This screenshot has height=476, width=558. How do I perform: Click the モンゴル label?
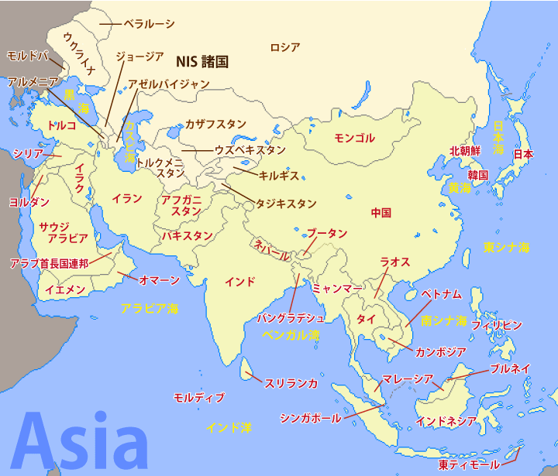tap(354, 139)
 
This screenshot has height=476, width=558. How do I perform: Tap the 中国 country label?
tap(381, 213)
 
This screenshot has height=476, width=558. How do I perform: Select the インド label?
tap(239, 282)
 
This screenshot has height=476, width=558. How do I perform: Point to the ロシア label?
tap(284, 47)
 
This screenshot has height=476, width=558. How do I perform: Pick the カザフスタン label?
tap(215, 124)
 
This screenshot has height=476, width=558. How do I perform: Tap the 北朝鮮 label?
tap(466, 152)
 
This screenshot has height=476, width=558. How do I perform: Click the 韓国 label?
tap(477, 175)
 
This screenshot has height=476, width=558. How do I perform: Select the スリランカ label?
tap(291, 382)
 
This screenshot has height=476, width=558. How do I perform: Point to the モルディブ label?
tap(198, 397)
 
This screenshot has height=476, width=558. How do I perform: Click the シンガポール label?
tap(309, 418)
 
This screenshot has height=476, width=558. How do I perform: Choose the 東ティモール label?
tap(469, 465)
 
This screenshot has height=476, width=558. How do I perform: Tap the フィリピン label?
tap(496, 324)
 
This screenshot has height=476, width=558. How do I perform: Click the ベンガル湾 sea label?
tap(291, 336)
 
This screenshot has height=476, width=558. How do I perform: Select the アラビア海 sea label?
tap(149, 308)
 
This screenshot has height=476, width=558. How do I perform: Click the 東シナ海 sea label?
tap(506, 248)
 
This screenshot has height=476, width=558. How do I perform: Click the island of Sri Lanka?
tap(245, 370)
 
